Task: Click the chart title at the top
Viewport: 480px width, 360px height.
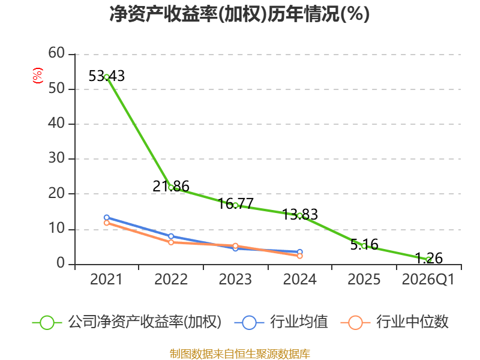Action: coord(239,14)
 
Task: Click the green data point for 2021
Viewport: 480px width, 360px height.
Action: coord(107,77)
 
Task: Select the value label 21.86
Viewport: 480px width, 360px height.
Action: coord(171,186)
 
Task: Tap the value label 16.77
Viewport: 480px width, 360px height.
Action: coord(235,203)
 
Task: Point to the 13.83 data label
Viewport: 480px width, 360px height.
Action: coord(299,214)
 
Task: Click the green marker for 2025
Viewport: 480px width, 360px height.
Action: coord(364,246)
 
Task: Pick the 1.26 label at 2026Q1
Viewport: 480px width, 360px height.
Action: coord(428,258)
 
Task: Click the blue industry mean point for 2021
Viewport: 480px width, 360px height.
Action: coord(107,217)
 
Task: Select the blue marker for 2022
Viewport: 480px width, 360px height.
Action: coord(171,236)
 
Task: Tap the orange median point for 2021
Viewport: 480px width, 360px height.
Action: coord(107,223)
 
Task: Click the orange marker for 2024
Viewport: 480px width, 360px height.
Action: coord(299,256)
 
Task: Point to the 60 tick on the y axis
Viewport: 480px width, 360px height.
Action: coord(56,53)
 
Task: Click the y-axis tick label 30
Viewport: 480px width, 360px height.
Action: coord(56,158)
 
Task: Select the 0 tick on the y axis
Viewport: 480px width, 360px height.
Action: coord(61,263)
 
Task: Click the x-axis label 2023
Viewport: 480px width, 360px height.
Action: coord(235,279)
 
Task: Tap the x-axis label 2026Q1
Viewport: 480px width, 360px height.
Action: coord(428,279)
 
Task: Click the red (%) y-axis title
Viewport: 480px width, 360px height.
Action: coord(38,76)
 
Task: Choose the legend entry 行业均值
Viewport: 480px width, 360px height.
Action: coord(281,322)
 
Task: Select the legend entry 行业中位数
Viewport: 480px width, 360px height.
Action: coord(394,322)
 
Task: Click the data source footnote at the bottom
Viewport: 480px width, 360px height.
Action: coord(239,354)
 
